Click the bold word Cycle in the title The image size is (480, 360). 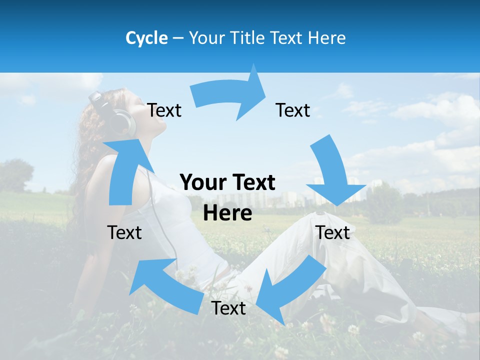point(146,38)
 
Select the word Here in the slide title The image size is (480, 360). point(326,38)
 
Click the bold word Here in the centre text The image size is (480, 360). point(227,213)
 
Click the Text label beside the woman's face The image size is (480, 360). point(164,110)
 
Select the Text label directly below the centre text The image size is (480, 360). point(228,308)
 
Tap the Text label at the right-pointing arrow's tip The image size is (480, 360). point(293,110)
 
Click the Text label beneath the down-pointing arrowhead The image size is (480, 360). point(333,232)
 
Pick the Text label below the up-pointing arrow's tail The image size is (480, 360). point(124,232)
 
